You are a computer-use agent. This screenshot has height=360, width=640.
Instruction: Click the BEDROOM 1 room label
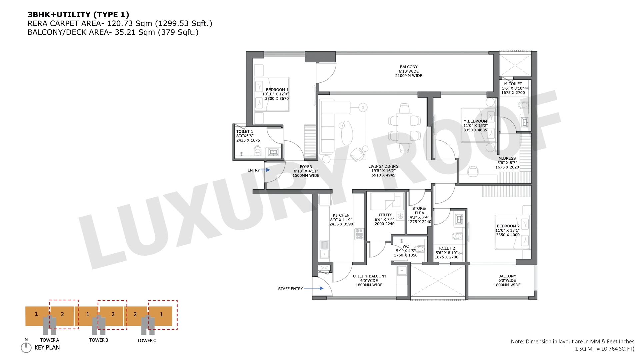tap(277, 90)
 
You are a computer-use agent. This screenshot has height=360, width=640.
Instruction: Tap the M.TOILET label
tap(513, 84)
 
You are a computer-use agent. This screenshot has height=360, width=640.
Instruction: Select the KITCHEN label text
tap(341, 215)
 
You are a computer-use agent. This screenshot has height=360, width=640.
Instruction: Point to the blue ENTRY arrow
tap(265, 170)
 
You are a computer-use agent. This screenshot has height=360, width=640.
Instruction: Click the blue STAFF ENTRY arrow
tap(314, 288)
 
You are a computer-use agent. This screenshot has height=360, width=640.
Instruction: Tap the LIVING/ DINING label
tap(383, 166)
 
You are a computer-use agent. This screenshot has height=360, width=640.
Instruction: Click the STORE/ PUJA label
tap(419, 211)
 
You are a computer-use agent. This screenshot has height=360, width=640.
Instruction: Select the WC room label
tap(406, 247)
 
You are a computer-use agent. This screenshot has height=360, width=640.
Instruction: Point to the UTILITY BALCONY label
tap(370, 276)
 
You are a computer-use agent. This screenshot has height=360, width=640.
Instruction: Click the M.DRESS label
tap(507, 158)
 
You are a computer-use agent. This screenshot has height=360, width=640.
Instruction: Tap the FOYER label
tap(306, 167)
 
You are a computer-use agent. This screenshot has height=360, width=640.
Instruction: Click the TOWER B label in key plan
tap(99, 340)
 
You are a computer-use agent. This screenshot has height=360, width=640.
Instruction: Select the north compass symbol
tap(26, 347)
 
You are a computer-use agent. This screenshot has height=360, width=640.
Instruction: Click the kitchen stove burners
tap(359, 234)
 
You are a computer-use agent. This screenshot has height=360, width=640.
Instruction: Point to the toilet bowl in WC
tap(420, 249)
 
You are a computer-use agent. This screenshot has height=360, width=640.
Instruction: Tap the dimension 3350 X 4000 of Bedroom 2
tap(508, 235)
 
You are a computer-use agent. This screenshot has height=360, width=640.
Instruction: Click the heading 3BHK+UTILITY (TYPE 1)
tap(78, 14)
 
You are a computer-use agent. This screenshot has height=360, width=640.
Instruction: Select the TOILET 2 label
tap(446, 248)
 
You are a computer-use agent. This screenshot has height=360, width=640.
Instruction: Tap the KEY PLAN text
tap(47, 347)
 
